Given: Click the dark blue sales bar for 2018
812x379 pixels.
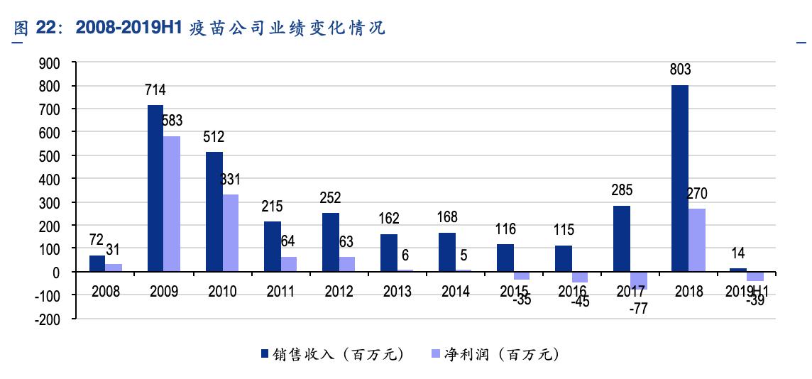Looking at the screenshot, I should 680,178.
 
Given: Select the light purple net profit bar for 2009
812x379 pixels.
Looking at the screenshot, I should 171,204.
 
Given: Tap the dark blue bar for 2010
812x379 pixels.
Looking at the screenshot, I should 214,212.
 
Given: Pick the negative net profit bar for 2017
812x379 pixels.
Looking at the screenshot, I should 638,280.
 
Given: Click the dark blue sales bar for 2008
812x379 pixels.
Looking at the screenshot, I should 97,263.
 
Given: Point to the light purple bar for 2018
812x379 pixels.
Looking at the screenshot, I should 696,240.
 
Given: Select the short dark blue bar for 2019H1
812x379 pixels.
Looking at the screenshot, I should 738,270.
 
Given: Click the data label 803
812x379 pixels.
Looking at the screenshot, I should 680,70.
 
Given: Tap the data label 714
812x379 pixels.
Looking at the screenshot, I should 155,90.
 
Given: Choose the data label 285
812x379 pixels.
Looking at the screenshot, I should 622,190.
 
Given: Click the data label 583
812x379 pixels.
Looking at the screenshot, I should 172,121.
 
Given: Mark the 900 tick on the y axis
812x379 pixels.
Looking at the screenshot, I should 51,63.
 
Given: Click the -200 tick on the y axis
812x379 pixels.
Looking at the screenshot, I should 48,319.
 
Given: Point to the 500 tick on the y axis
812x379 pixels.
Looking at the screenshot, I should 51,155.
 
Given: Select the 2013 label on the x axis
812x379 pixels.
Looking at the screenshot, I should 397,292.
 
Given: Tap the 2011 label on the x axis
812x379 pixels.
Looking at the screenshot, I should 281,292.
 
